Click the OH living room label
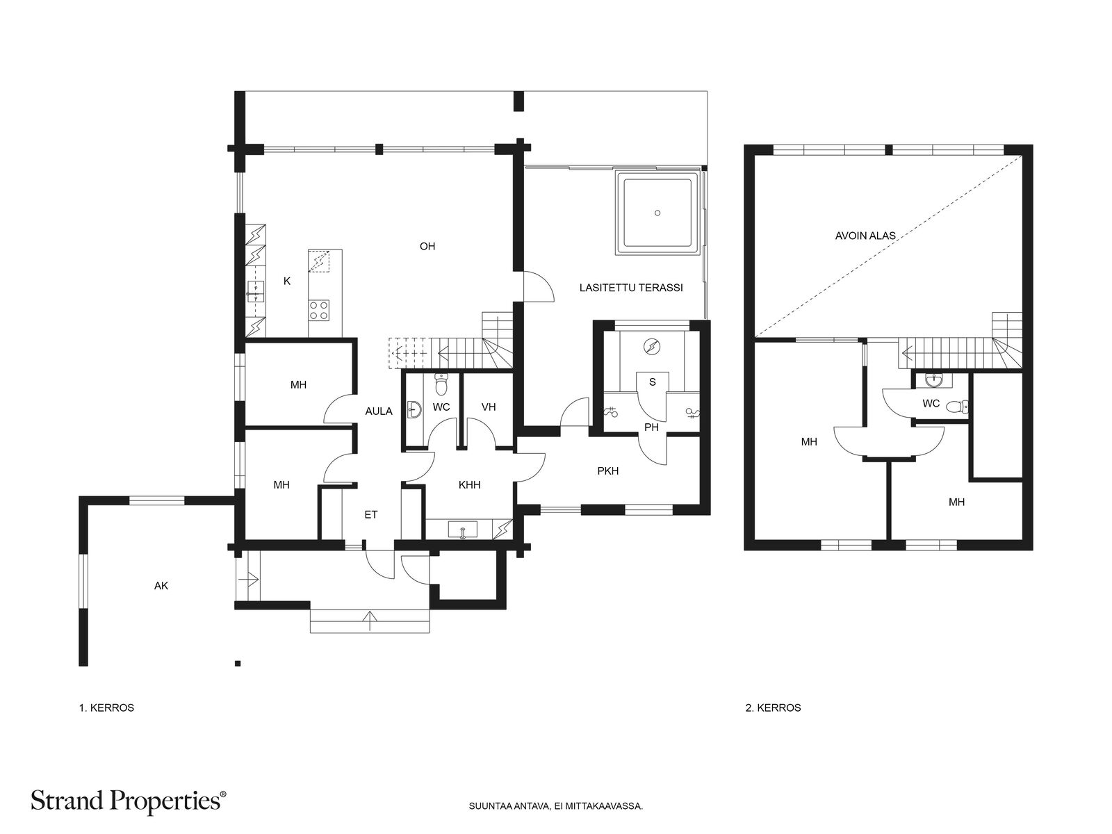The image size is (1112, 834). click(427, 247)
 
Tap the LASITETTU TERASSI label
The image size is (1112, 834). click(631, 288)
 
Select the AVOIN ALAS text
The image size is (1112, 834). click(865, 236)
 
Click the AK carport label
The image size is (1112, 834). click(161, 586)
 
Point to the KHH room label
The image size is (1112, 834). click(469, 485)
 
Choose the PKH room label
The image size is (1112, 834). click(608, 471)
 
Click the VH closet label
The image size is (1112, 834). click(489, 407)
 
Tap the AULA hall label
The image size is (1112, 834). click(379, 411)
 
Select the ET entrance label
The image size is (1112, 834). click(371, 515)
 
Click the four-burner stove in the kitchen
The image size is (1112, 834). click(318, 310)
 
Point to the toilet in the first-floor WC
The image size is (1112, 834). click(441, 385)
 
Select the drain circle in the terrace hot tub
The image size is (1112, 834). click(657, 213)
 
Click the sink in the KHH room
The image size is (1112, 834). click(462, 530)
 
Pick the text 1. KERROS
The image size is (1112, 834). click(106, 708)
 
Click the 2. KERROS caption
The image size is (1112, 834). click(773, 708)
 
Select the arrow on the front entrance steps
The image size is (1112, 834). click(370, 621)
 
